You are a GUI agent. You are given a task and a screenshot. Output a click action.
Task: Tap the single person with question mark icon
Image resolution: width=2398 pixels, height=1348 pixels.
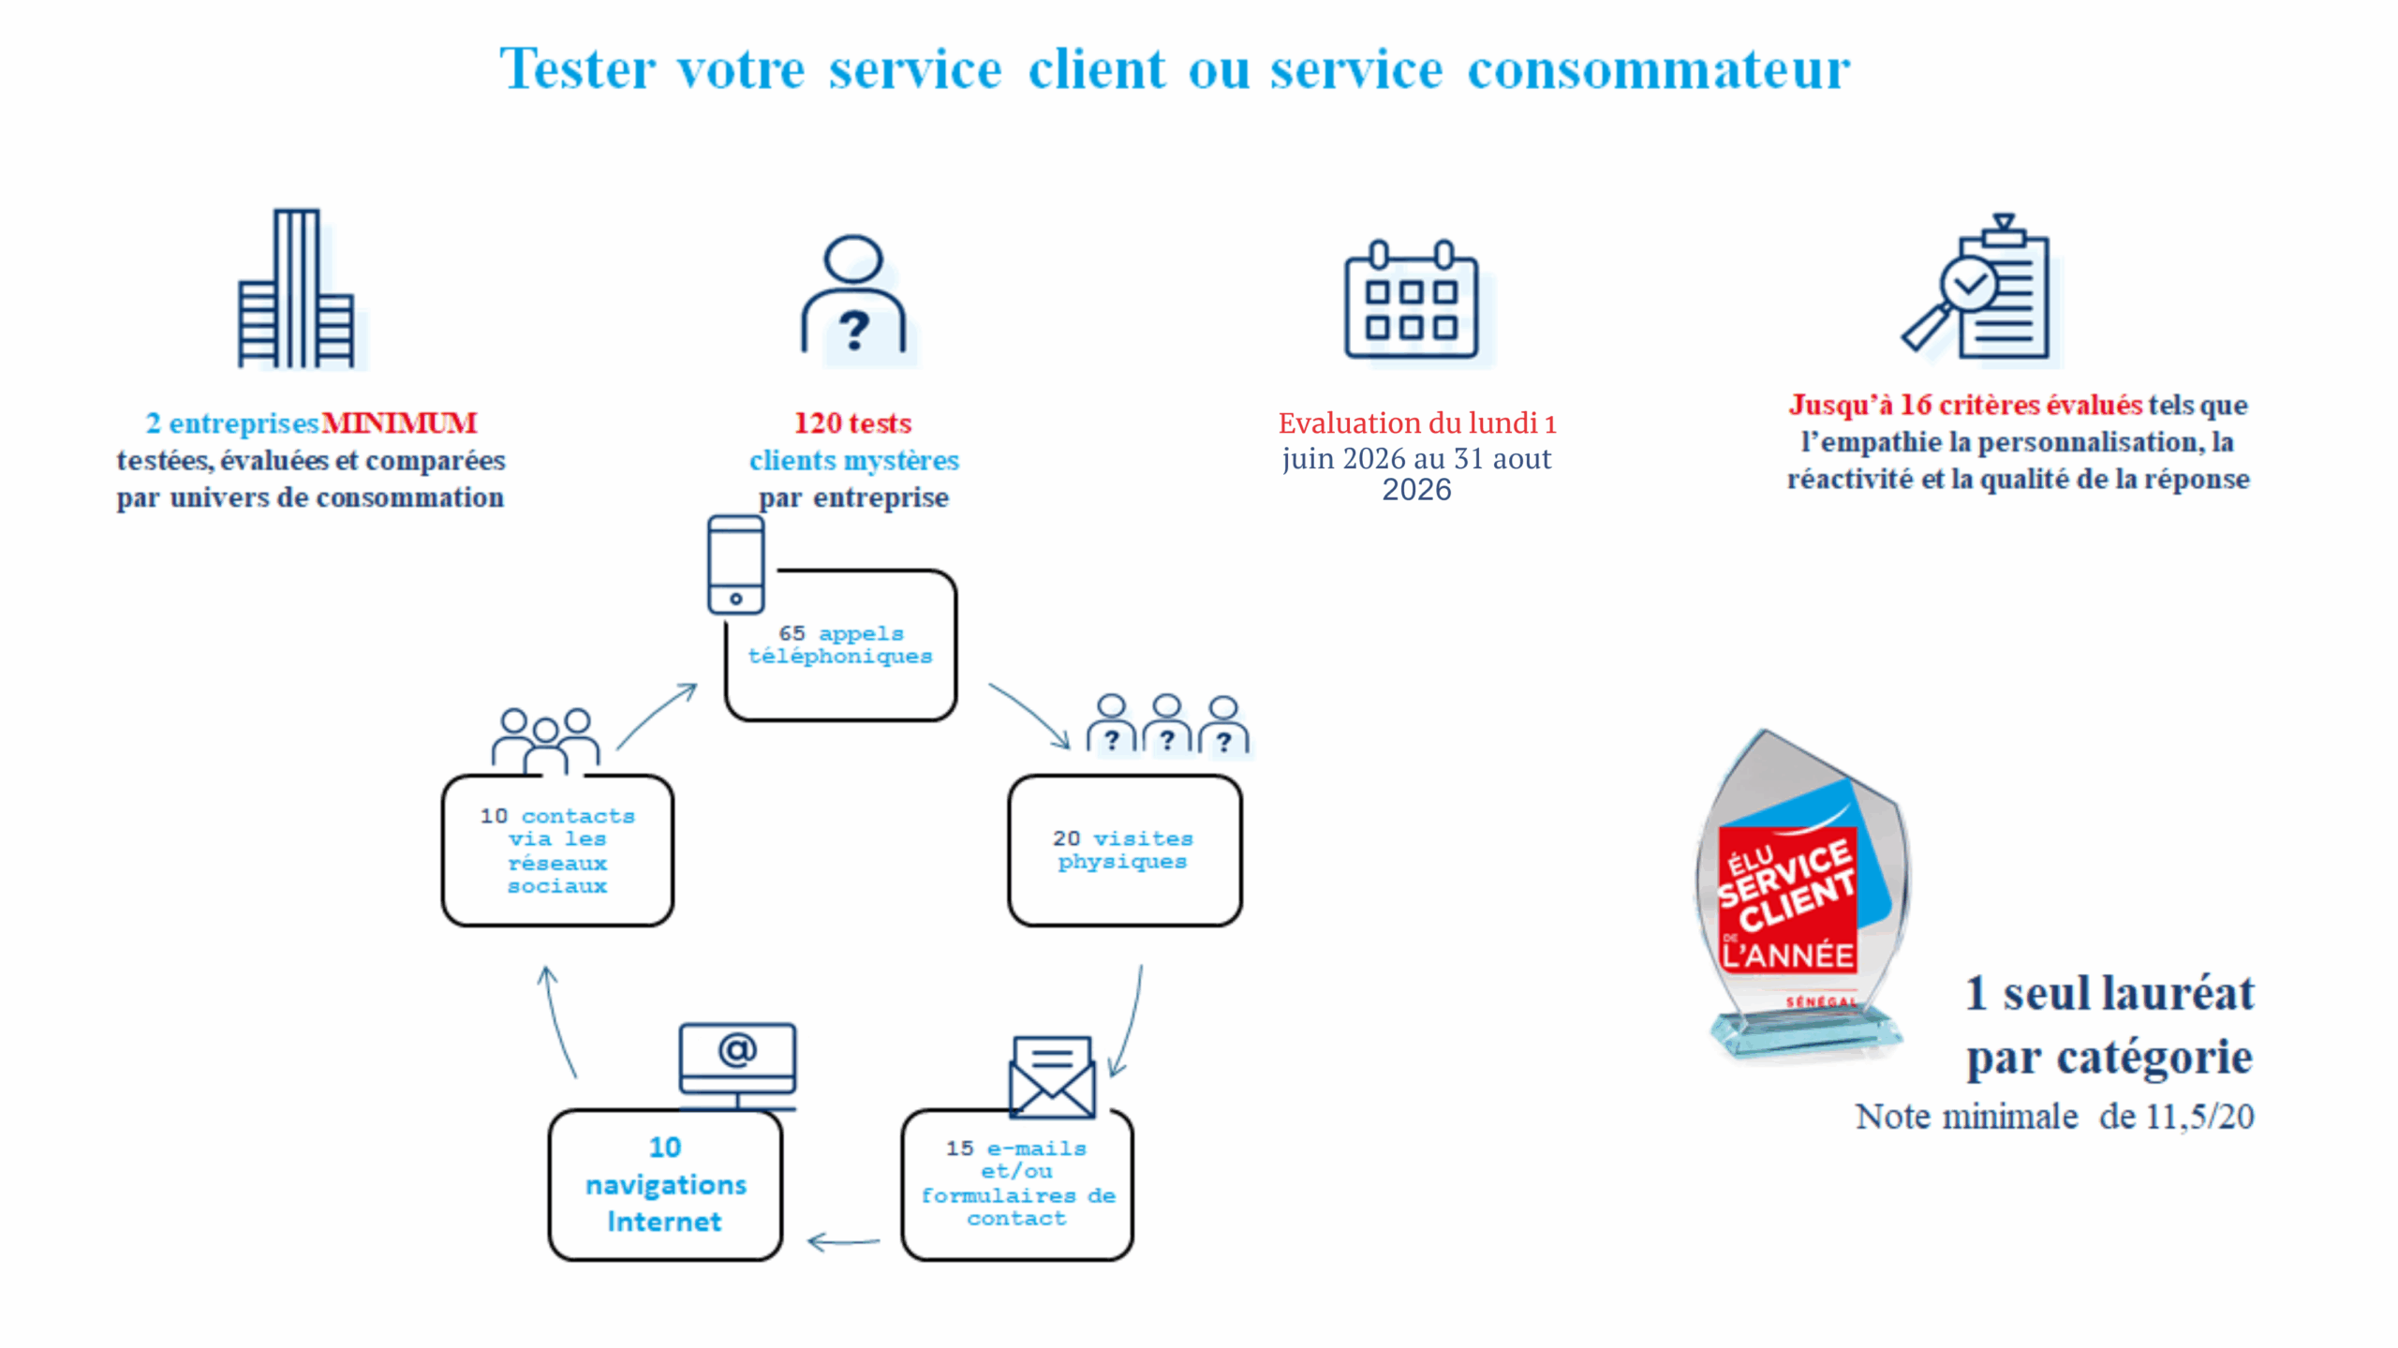(853, 294)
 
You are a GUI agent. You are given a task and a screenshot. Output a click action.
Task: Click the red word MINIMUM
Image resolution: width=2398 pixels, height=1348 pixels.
(400, 423)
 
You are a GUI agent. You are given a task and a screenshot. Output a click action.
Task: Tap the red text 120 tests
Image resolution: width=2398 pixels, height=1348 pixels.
(852, 423)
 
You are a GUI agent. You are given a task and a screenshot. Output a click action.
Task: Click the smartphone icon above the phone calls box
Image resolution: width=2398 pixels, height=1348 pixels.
(735, 565)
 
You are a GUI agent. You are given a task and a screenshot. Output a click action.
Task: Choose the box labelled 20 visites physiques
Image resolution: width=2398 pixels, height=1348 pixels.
(1124, 851)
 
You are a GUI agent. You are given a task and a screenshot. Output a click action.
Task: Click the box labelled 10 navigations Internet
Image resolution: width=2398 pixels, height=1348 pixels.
(665, 1186)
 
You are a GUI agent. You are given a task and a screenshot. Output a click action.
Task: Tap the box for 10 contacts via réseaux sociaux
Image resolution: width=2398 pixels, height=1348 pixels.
(557, 851)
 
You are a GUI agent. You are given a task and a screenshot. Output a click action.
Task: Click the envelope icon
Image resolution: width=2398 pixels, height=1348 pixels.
(1052, 1076)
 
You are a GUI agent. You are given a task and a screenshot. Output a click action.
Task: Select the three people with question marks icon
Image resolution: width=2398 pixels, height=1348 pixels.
(1167, 724)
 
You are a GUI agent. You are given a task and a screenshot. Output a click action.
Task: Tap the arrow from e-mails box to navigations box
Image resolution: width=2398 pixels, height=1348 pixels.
(843, 1243)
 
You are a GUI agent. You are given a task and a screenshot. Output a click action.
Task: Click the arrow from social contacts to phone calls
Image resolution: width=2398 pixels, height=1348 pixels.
(657, 716)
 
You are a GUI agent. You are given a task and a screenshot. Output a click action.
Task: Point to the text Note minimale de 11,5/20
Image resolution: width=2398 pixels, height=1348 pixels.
(2054, 1117)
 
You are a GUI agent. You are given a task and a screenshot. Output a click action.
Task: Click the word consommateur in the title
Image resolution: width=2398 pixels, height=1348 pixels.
(1658, 69)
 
